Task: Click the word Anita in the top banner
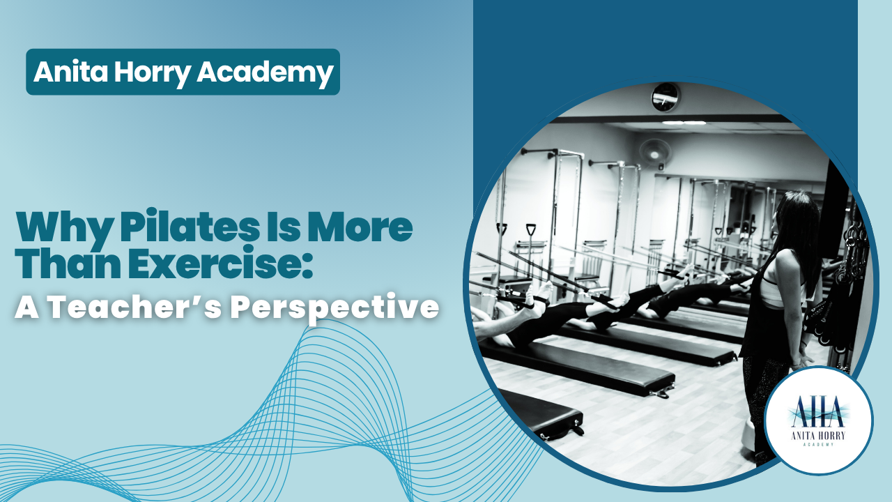[70, 72]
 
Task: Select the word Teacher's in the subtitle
[135, 307]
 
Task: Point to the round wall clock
[666, 97]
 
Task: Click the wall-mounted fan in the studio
[655, 152]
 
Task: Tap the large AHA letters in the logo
[818, 411]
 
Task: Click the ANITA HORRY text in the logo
[818, 436]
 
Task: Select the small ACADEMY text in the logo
[818, 445]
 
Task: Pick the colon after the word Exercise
[305, 266]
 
